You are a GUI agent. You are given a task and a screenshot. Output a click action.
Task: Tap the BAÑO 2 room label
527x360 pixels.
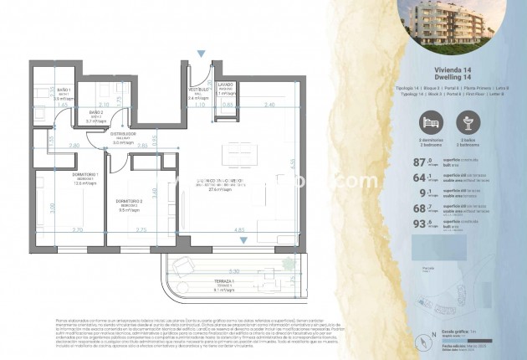[96, 112]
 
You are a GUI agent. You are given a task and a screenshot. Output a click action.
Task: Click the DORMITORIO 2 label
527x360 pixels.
[128, 202]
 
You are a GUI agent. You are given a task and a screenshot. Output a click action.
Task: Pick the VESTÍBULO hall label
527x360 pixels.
[197, 89]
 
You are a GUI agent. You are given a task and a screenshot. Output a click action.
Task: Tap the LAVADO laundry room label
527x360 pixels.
[225, 85]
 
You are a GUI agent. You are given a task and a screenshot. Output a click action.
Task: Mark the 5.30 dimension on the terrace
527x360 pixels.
[235, 270]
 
